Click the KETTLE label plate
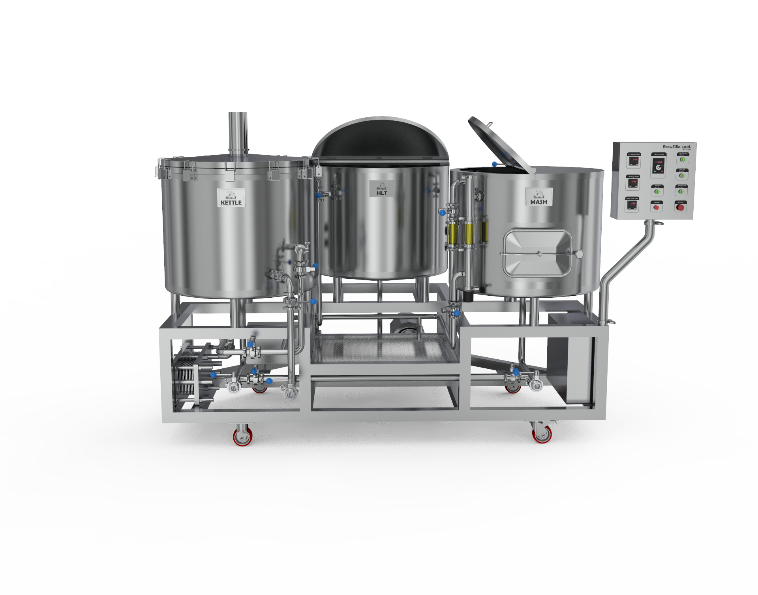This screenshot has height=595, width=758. click(x=231, y=197)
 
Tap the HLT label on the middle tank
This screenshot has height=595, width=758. click(x=381, y=189)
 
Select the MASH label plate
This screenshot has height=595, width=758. click(x=538, y=197)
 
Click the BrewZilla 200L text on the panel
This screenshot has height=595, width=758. click(x=677, y=147)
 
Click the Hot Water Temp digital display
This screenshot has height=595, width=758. click(x=634, y=160)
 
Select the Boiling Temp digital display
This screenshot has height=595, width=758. click(x=633, y=182)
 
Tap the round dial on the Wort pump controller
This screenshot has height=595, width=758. click(x=658, y=167)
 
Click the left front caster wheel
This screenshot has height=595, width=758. click(x=242, y=436)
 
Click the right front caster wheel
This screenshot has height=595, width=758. click(x=542, y=434)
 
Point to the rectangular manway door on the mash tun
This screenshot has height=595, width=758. click(x=537, y=253)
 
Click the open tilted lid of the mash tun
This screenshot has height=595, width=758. click(x=501, y=145)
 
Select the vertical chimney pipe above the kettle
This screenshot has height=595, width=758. click(x=238, y=132)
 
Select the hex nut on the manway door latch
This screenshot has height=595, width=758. click(x=579, y=254)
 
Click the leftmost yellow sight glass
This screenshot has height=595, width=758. click(x=453, y=233)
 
